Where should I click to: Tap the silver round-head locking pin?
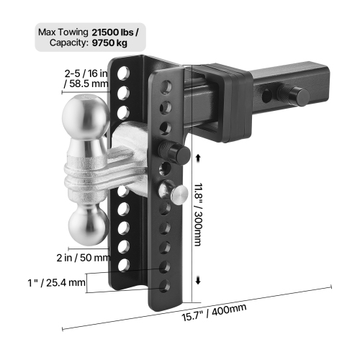coord(178,194)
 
